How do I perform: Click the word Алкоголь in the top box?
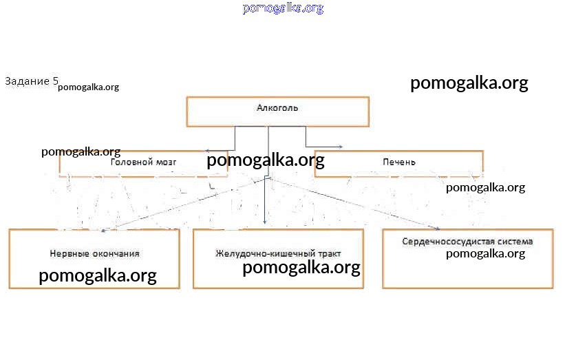point(277,108)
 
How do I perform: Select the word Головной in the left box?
point(131,162)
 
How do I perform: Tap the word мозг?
point(167,162)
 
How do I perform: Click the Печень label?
point(399,162)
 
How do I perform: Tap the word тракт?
point(328,253)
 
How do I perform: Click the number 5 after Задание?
point(55,81)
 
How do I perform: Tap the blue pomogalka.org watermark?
point(283,8)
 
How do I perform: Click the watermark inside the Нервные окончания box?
point(98,276)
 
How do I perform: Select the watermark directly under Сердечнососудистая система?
point(485,253)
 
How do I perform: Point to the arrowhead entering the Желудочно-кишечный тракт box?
point(266,222)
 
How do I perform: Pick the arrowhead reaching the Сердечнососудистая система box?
point(436,228)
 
